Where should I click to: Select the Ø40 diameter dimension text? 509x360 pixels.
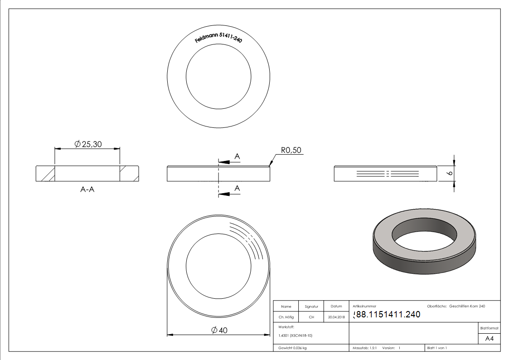point(219,331)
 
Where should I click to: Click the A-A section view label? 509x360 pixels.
point(87,190)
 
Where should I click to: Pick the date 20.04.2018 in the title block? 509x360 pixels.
point(336,317)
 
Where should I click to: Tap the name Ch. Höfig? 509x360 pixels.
point(286,317)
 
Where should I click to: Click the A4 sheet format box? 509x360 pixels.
point(490,339)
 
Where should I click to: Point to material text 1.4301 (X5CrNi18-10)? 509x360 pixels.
point(296,336)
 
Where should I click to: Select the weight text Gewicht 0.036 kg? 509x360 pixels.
point(292,348)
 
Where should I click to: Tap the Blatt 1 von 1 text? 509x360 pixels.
point(437,348)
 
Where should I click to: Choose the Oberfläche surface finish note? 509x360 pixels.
point(456,306)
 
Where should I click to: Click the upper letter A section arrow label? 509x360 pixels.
point(237,156)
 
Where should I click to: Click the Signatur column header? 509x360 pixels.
point(311,306)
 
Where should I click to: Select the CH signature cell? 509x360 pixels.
point(311,317)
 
